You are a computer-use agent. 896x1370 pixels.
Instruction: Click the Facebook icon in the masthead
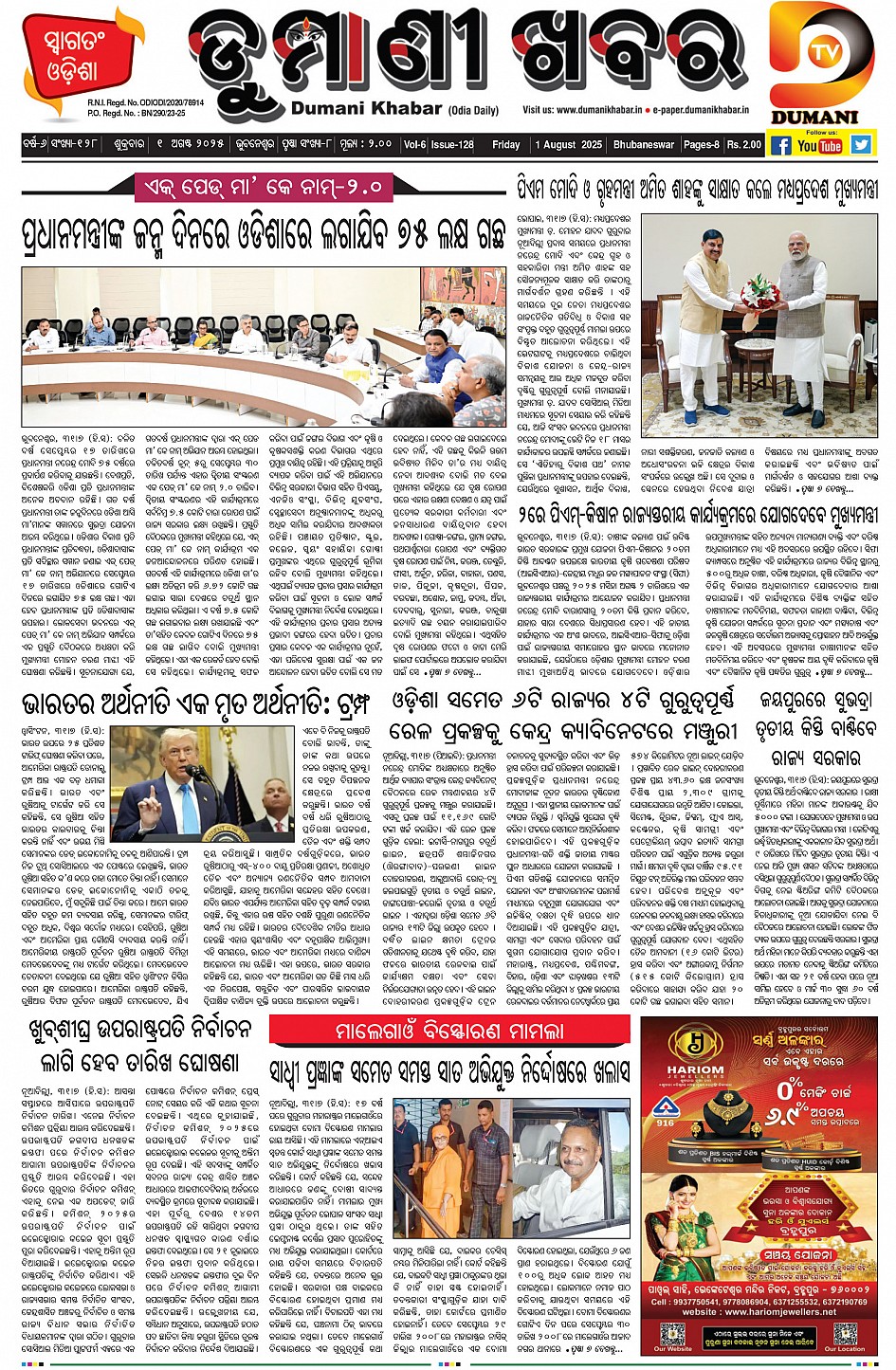tap(780, 145)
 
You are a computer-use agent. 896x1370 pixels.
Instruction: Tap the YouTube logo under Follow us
tap(819, 145)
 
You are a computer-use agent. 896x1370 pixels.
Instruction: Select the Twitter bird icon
tap(860, 145)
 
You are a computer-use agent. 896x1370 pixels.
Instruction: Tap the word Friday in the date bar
tap(505, 145)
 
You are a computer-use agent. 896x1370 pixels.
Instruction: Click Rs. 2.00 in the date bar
tap(744, 145)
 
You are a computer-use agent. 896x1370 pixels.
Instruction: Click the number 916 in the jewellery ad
tap(667, 1123)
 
